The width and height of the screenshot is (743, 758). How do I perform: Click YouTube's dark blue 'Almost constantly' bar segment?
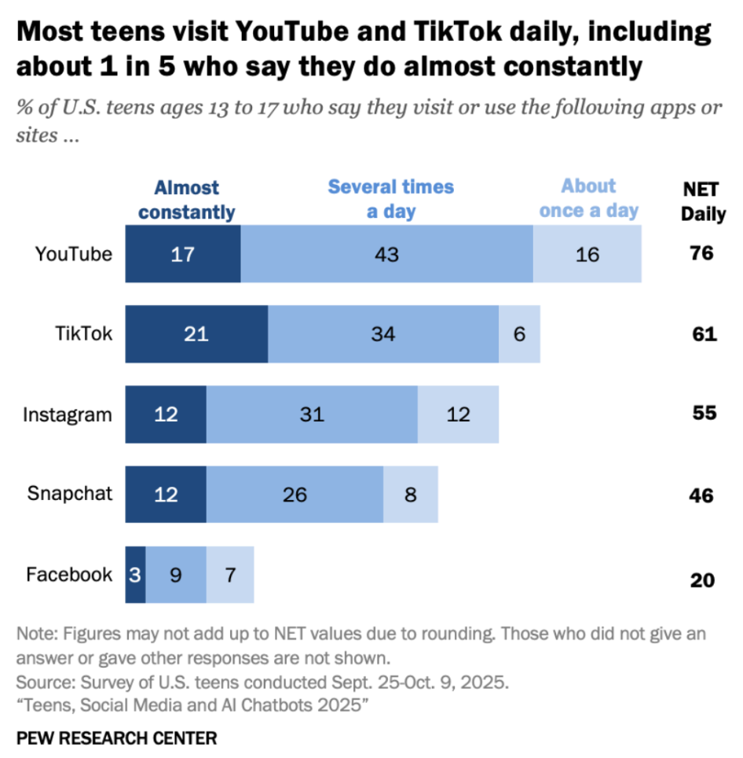click(183, 254)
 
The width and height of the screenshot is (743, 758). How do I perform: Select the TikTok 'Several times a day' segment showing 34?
click(382, 334)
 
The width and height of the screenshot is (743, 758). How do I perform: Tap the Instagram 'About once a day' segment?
click(458, 414)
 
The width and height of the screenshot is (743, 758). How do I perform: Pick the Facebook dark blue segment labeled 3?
click(135, 575)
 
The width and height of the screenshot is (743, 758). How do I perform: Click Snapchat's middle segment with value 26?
click(295, 495)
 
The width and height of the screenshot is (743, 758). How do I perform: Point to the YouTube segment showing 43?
click(386, 254)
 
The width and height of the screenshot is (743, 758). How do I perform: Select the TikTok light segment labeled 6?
click(519, 334)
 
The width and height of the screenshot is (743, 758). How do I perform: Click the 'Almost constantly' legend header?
click(186, 200)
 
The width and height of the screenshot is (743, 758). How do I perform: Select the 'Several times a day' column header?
click(390, 199)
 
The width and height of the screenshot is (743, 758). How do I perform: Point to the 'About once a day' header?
click(588, 198)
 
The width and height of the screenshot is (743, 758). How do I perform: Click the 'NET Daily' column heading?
click(702, 201)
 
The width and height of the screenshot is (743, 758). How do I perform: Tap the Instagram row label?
click(68, 414)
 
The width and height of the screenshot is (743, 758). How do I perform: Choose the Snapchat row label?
click(70, 494)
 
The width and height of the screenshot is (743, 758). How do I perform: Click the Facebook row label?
click(69, 575)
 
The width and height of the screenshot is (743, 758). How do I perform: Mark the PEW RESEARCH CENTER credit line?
click(116, 738)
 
